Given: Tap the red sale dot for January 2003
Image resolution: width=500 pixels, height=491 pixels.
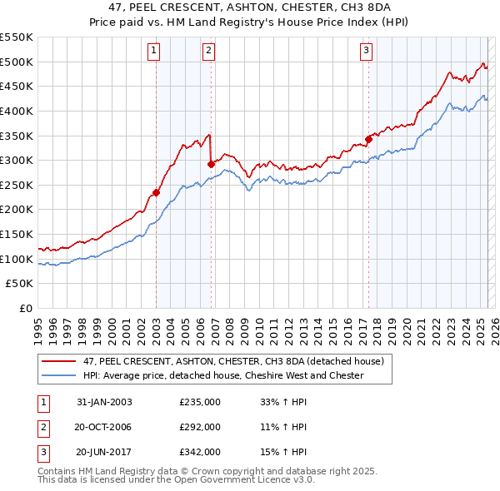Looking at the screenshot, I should click(x=156, y=192).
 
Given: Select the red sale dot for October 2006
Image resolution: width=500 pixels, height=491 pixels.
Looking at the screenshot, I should click(x=211, y=164).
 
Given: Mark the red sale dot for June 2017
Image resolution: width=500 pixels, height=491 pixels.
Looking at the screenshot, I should click(x=368, y=139).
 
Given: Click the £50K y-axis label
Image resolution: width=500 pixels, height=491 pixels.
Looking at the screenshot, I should click(x=20, y=284).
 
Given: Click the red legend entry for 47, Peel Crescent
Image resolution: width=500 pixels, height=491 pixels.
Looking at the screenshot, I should click(x=232, y=362).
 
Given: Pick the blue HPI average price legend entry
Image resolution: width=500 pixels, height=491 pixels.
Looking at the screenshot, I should click(x=222, y=376).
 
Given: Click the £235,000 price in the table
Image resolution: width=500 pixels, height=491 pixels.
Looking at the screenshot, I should click(x=200, y=401).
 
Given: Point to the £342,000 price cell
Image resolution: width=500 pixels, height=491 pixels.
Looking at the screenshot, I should click(x=200, y=453).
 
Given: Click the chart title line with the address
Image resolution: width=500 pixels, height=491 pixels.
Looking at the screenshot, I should click(x=250, y=9).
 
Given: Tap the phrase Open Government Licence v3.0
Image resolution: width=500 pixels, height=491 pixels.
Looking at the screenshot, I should click(x=251, y=480).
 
